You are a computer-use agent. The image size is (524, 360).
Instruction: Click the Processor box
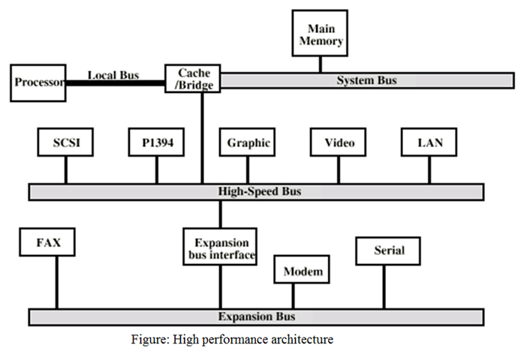click(x=38, y=82)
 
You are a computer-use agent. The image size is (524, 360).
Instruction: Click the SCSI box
click(x=65, y=142)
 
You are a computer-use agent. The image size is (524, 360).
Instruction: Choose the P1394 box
click(x=157, y=142)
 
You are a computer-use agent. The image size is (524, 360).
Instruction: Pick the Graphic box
click(x=248, y=142)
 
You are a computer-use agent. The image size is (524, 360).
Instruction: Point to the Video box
click(x=339, y=142)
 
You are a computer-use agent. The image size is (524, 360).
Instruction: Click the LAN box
click(x=429, y=142)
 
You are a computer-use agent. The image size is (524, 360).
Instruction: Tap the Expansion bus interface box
click(x=221, y=248)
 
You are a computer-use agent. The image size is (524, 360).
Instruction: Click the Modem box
click(x=303, y=271)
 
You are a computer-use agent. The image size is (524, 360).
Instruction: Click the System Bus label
click(x=366, y=80)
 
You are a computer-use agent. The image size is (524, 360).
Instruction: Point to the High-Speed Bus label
click(x=255, y=192)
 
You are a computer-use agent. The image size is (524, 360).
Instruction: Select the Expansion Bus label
click(x=256, y=316)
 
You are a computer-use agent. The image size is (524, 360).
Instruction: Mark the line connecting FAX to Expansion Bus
click(x=56, y=282)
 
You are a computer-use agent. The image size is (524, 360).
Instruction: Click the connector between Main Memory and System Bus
click(x=321, y=64)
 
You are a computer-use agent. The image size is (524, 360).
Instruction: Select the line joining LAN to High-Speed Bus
click(x=429, y=169)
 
